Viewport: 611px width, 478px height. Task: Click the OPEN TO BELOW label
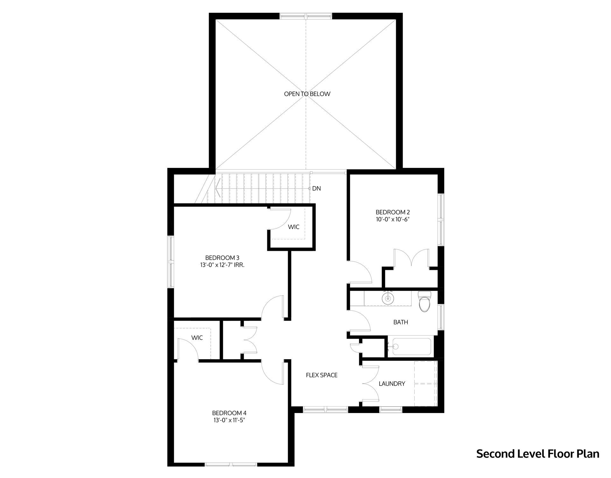[x=307, y=94]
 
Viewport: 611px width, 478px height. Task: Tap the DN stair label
[x=316, y=189]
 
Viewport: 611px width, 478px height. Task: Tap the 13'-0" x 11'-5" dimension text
[x=229, y=420]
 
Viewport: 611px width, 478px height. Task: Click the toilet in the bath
[x=424, y=301]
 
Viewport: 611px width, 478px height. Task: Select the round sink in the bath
[x=387, y=299]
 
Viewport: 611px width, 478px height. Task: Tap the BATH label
[x=401, y=322]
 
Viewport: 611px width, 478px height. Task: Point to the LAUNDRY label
[x=392, y=384]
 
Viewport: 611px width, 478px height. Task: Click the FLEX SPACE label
[x=322, y=375]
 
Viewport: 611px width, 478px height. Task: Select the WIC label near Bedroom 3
[x=294, y=227]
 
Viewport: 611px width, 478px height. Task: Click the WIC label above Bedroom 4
[x=197, y=338]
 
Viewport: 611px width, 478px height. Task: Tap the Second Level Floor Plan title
[x=537, y=463]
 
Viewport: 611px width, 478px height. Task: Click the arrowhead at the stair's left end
[x=217, y=189]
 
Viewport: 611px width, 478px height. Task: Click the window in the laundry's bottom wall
[x=391, y=409]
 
